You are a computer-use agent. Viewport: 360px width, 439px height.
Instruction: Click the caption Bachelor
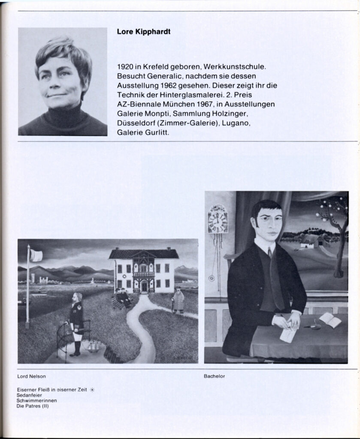(x=215, y=376)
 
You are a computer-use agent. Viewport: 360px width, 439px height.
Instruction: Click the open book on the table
(x=330, y=320)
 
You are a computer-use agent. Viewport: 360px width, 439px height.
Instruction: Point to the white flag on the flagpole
(x=36, y=256)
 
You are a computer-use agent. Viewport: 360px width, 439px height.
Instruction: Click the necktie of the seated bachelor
(x=269, y=253)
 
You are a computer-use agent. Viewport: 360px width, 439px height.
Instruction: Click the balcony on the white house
(x=144, y=274)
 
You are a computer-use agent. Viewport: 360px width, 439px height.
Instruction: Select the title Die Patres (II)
(x=33, y=406)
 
